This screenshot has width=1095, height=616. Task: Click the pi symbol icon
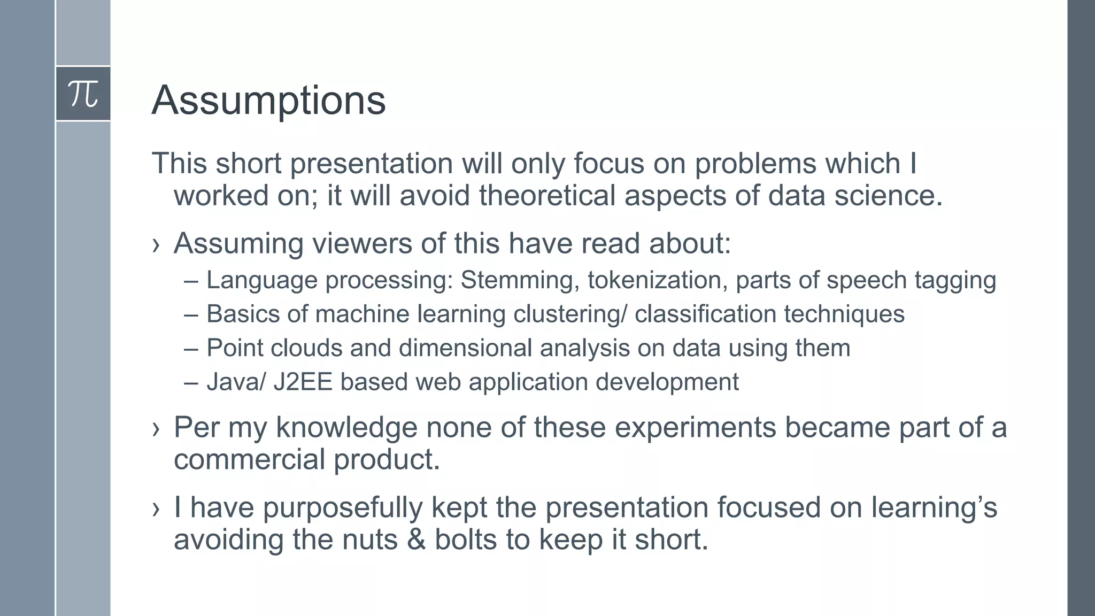point(83,94)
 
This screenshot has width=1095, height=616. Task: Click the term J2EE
point(303,382)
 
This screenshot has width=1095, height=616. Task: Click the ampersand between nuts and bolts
point(416,539)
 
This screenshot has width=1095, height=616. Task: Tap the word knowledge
point(346,427)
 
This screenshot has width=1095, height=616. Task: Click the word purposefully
point(342,507)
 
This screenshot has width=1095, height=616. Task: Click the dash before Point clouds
point(190,349)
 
